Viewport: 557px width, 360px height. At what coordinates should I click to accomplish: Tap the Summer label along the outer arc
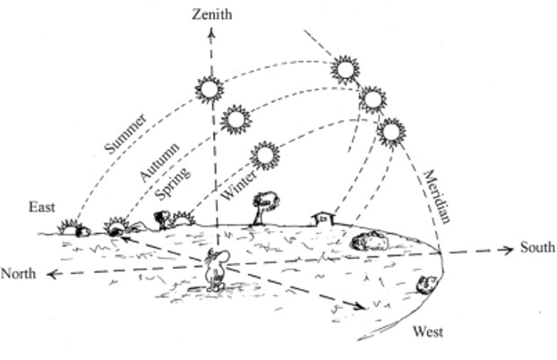pos(126,133)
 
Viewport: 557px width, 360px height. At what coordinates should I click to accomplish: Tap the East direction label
pos(41,208)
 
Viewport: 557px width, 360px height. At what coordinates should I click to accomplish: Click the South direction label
pos(536,247)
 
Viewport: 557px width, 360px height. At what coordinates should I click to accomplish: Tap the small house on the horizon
pos(321,218)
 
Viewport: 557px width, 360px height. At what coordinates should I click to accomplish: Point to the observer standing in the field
pos(215,269)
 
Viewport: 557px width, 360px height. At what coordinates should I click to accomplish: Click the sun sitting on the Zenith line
pos(210,88)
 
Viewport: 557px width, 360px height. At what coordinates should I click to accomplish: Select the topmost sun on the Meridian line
pos(344,68)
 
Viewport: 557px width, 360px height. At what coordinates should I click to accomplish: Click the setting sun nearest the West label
pos(426,284)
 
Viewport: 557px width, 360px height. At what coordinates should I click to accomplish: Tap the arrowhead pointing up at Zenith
pos(212,33)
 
